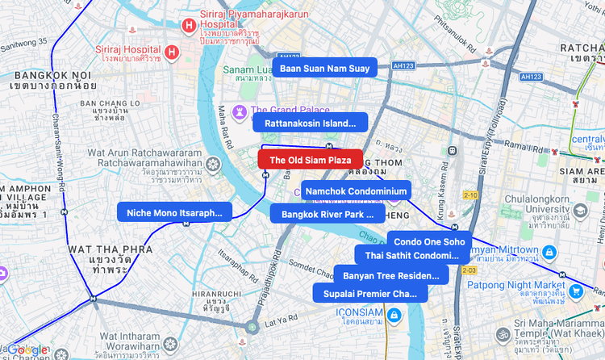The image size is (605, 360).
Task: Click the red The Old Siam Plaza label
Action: tap(310, 160)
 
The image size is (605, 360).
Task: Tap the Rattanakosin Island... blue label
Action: tap(310, 123)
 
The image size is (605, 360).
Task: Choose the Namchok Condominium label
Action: tap(356, 190)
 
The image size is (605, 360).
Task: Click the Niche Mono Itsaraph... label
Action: tap(175, 212)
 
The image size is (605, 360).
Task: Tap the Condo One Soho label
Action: tap(429, 241)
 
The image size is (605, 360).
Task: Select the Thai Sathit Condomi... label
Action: tap(411, 255)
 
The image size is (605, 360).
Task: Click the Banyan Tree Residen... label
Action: tap(390, 275)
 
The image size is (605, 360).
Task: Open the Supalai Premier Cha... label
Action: tap(370, 293)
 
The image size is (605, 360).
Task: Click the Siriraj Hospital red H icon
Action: tap(172, 53)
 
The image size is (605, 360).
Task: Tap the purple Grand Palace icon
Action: tap(240, 111)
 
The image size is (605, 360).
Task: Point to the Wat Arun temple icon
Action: tap(213, 165)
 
